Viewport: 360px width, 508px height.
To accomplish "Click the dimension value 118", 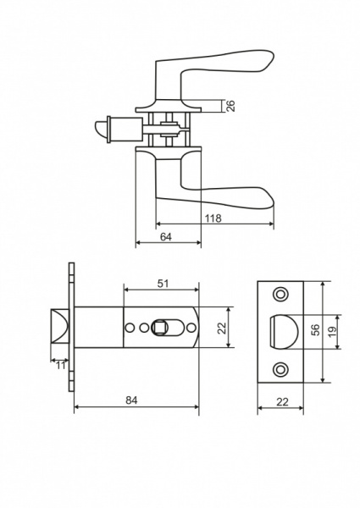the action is (213, 218).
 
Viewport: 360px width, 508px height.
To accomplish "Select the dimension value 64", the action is (166, 237).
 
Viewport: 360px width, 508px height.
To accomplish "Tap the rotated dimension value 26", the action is (230, 107).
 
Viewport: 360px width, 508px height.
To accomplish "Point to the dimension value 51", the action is (163, 284).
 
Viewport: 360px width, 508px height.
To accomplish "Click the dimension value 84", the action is (131, 400).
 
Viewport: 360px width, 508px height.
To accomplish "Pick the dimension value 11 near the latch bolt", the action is (61, 366).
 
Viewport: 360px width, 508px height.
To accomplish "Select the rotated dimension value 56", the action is (315, 329).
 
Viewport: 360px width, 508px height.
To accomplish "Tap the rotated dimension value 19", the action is (331, 331).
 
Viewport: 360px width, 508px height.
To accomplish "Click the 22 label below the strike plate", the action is (282, 402).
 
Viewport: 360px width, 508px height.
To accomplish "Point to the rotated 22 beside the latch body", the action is (222, 328).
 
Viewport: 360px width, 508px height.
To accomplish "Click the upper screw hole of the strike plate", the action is (280, 294).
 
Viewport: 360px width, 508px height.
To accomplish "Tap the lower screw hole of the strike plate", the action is (280, 369).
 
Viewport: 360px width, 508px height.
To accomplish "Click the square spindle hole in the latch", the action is (159, 328).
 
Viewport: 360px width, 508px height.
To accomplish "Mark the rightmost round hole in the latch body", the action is (191, 328).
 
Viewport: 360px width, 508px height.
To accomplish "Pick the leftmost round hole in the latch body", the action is (130, 328).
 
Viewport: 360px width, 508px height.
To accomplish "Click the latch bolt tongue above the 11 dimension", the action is (59, 327).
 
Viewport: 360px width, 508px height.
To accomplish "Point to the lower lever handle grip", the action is (227, 197).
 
